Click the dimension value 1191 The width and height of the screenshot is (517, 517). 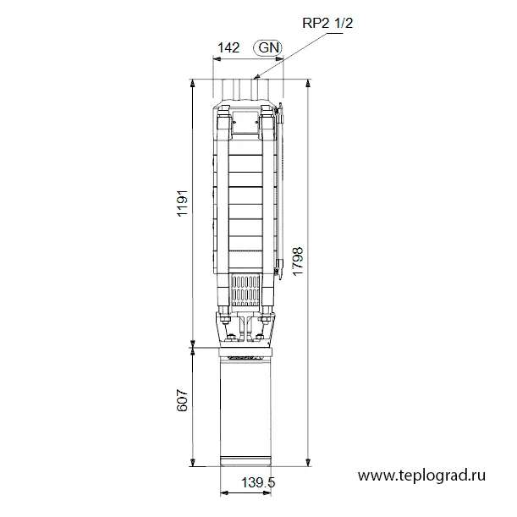[x=182, y=203]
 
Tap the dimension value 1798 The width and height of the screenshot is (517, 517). [x=297, y=261]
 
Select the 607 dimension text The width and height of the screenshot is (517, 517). [x=182, y=400]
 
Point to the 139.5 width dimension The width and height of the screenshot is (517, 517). [x=258, y=483]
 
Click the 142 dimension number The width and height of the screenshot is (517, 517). [x=228, y=48]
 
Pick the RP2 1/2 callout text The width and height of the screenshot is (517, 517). [x=327, y=23]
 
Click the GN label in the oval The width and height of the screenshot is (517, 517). [x=268, y=48]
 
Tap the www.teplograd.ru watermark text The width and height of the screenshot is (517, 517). [x=421, y=476]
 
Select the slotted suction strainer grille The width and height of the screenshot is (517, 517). [x=245, y=290]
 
